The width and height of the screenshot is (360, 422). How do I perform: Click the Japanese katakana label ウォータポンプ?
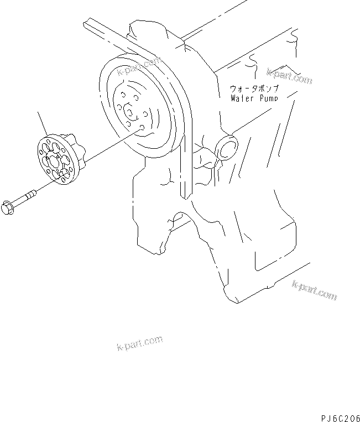tap(254, 88)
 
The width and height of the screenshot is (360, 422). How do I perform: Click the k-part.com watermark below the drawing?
tap(140, 343)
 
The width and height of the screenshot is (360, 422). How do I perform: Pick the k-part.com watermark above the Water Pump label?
tap(289, 76)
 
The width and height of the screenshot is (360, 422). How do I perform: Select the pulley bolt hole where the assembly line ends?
tap(142, 128)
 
